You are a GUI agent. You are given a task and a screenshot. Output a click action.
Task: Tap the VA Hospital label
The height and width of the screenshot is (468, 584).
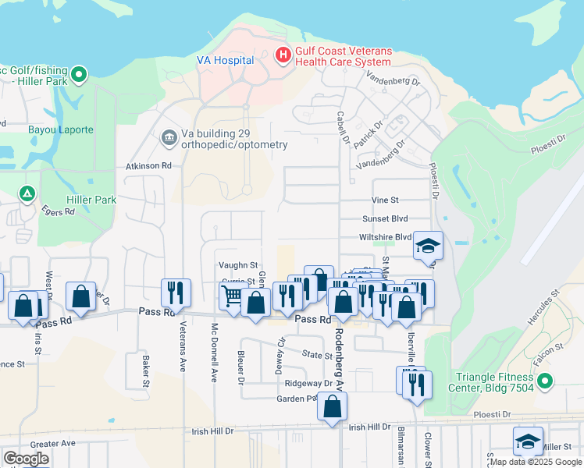tap(225, 60)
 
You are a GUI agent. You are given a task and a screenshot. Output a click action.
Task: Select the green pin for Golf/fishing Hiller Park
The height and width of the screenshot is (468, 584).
tap(78, 76)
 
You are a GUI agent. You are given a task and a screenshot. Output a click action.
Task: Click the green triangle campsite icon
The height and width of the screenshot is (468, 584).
tap(27, 193)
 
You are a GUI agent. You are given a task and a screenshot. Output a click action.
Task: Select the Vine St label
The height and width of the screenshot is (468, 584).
tap(385, 200)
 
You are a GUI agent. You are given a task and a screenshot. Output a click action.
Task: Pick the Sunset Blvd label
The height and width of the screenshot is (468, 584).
tap(385, 219)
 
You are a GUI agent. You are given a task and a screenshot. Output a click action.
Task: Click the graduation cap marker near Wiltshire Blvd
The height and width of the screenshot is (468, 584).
tap(428, 246)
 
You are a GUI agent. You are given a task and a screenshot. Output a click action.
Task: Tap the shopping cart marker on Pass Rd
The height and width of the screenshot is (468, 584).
tap(232, 296)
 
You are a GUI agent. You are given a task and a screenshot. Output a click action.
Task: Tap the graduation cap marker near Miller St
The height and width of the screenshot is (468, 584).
tap(528, 441)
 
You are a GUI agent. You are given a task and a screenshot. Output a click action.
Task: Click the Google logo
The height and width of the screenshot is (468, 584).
tap(26, 459)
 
